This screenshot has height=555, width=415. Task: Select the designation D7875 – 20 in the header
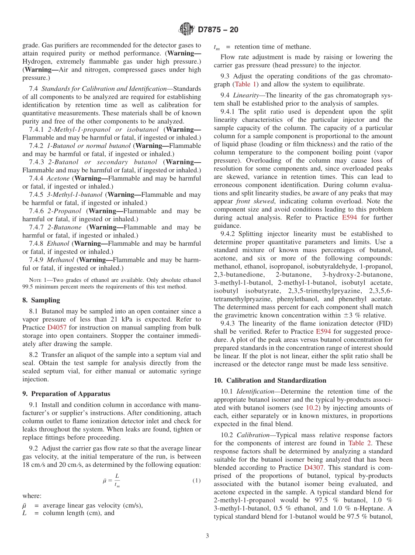pyautogui.click(x=218, y=30)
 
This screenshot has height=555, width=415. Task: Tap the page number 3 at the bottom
pyautogui.click(x=207, y=536)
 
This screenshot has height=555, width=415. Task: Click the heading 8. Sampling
pyautogui.click(x=41, y=300)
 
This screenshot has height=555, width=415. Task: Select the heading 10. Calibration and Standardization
pyautogui.click(x=270, y=380)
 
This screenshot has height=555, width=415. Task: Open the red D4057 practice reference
pyautogui.click(x=56, y=327)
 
